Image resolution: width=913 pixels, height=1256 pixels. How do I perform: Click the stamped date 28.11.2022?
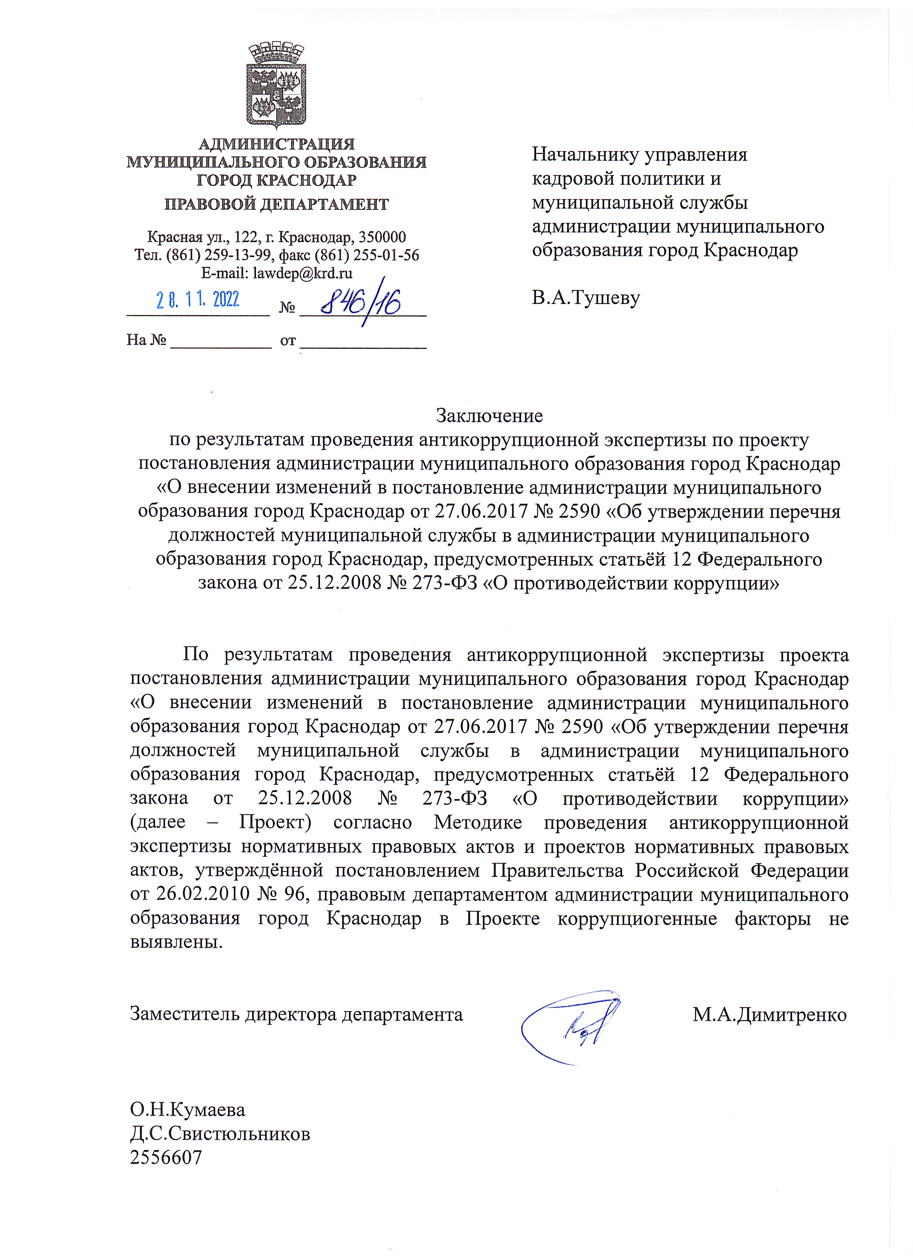click(197, 300)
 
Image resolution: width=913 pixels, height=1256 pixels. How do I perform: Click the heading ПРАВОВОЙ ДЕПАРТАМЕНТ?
click(277, 204)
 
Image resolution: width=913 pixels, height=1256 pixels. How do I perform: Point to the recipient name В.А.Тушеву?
click(586, 298)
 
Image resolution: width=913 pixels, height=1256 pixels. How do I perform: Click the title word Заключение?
click(490, 415)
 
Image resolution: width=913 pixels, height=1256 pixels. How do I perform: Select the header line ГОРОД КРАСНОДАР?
click(277, 180)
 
